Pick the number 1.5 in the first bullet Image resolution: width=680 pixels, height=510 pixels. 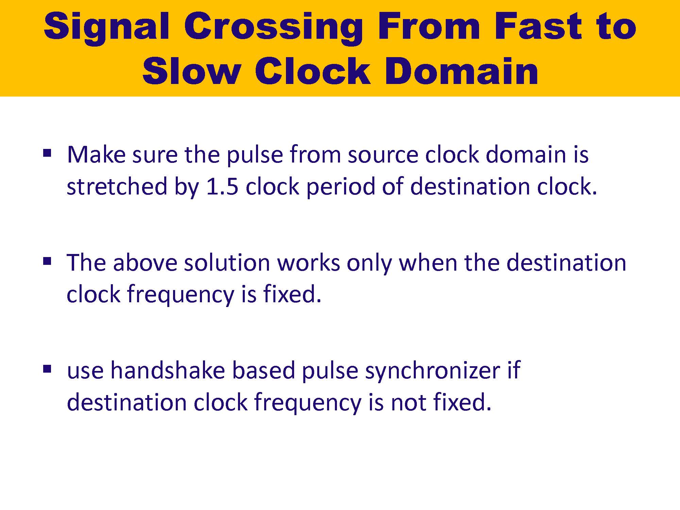(x=222, y=187)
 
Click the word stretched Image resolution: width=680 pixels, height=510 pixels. (x=117, y=187)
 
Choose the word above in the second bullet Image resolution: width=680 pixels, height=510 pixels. (x=145, y=262)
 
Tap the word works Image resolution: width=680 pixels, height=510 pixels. (x=308, y=262)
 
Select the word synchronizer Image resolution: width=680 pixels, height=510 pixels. (x=433, y=371)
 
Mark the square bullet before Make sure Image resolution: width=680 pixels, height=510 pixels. (x=47, y=152)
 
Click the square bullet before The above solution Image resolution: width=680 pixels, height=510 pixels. (x=47, y=261)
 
